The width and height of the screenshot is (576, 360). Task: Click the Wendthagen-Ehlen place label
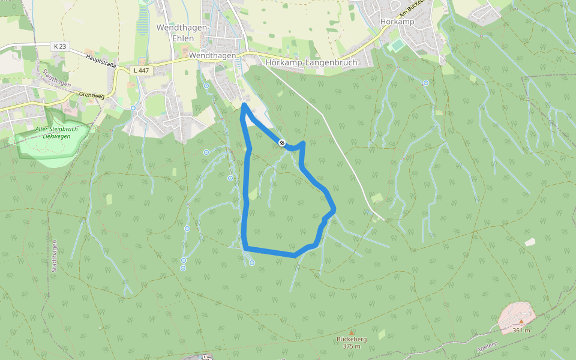coord(182,33)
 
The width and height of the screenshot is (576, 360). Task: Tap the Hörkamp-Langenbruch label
coord(311,62)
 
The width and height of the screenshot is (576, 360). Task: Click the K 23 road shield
coord(59,46)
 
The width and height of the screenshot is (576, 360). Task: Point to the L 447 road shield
coord(140,71)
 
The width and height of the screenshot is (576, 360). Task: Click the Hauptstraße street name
coord(101,61)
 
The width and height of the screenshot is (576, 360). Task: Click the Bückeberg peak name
coord(352,339)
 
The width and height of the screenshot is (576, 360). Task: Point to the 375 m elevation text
coord(352,346)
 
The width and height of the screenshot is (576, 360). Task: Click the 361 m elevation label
coord(521,331)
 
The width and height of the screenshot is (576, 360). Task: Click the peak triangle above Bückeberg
coord(352,332)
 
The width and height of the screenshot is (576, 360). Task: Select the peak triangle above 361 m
coord(521,322)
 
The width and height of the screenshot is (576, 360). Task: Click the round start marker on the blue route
coord(281,142)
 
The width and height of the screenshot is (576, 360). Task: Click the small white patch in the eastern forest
coord(530,242)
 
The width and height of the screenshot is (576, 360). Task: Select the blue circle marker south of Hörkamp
coord(426,83)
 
